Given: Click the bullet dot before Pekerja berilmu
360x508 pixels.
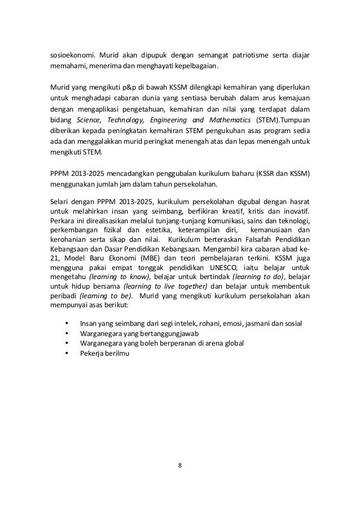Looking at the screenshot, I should tap(68, 354).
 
